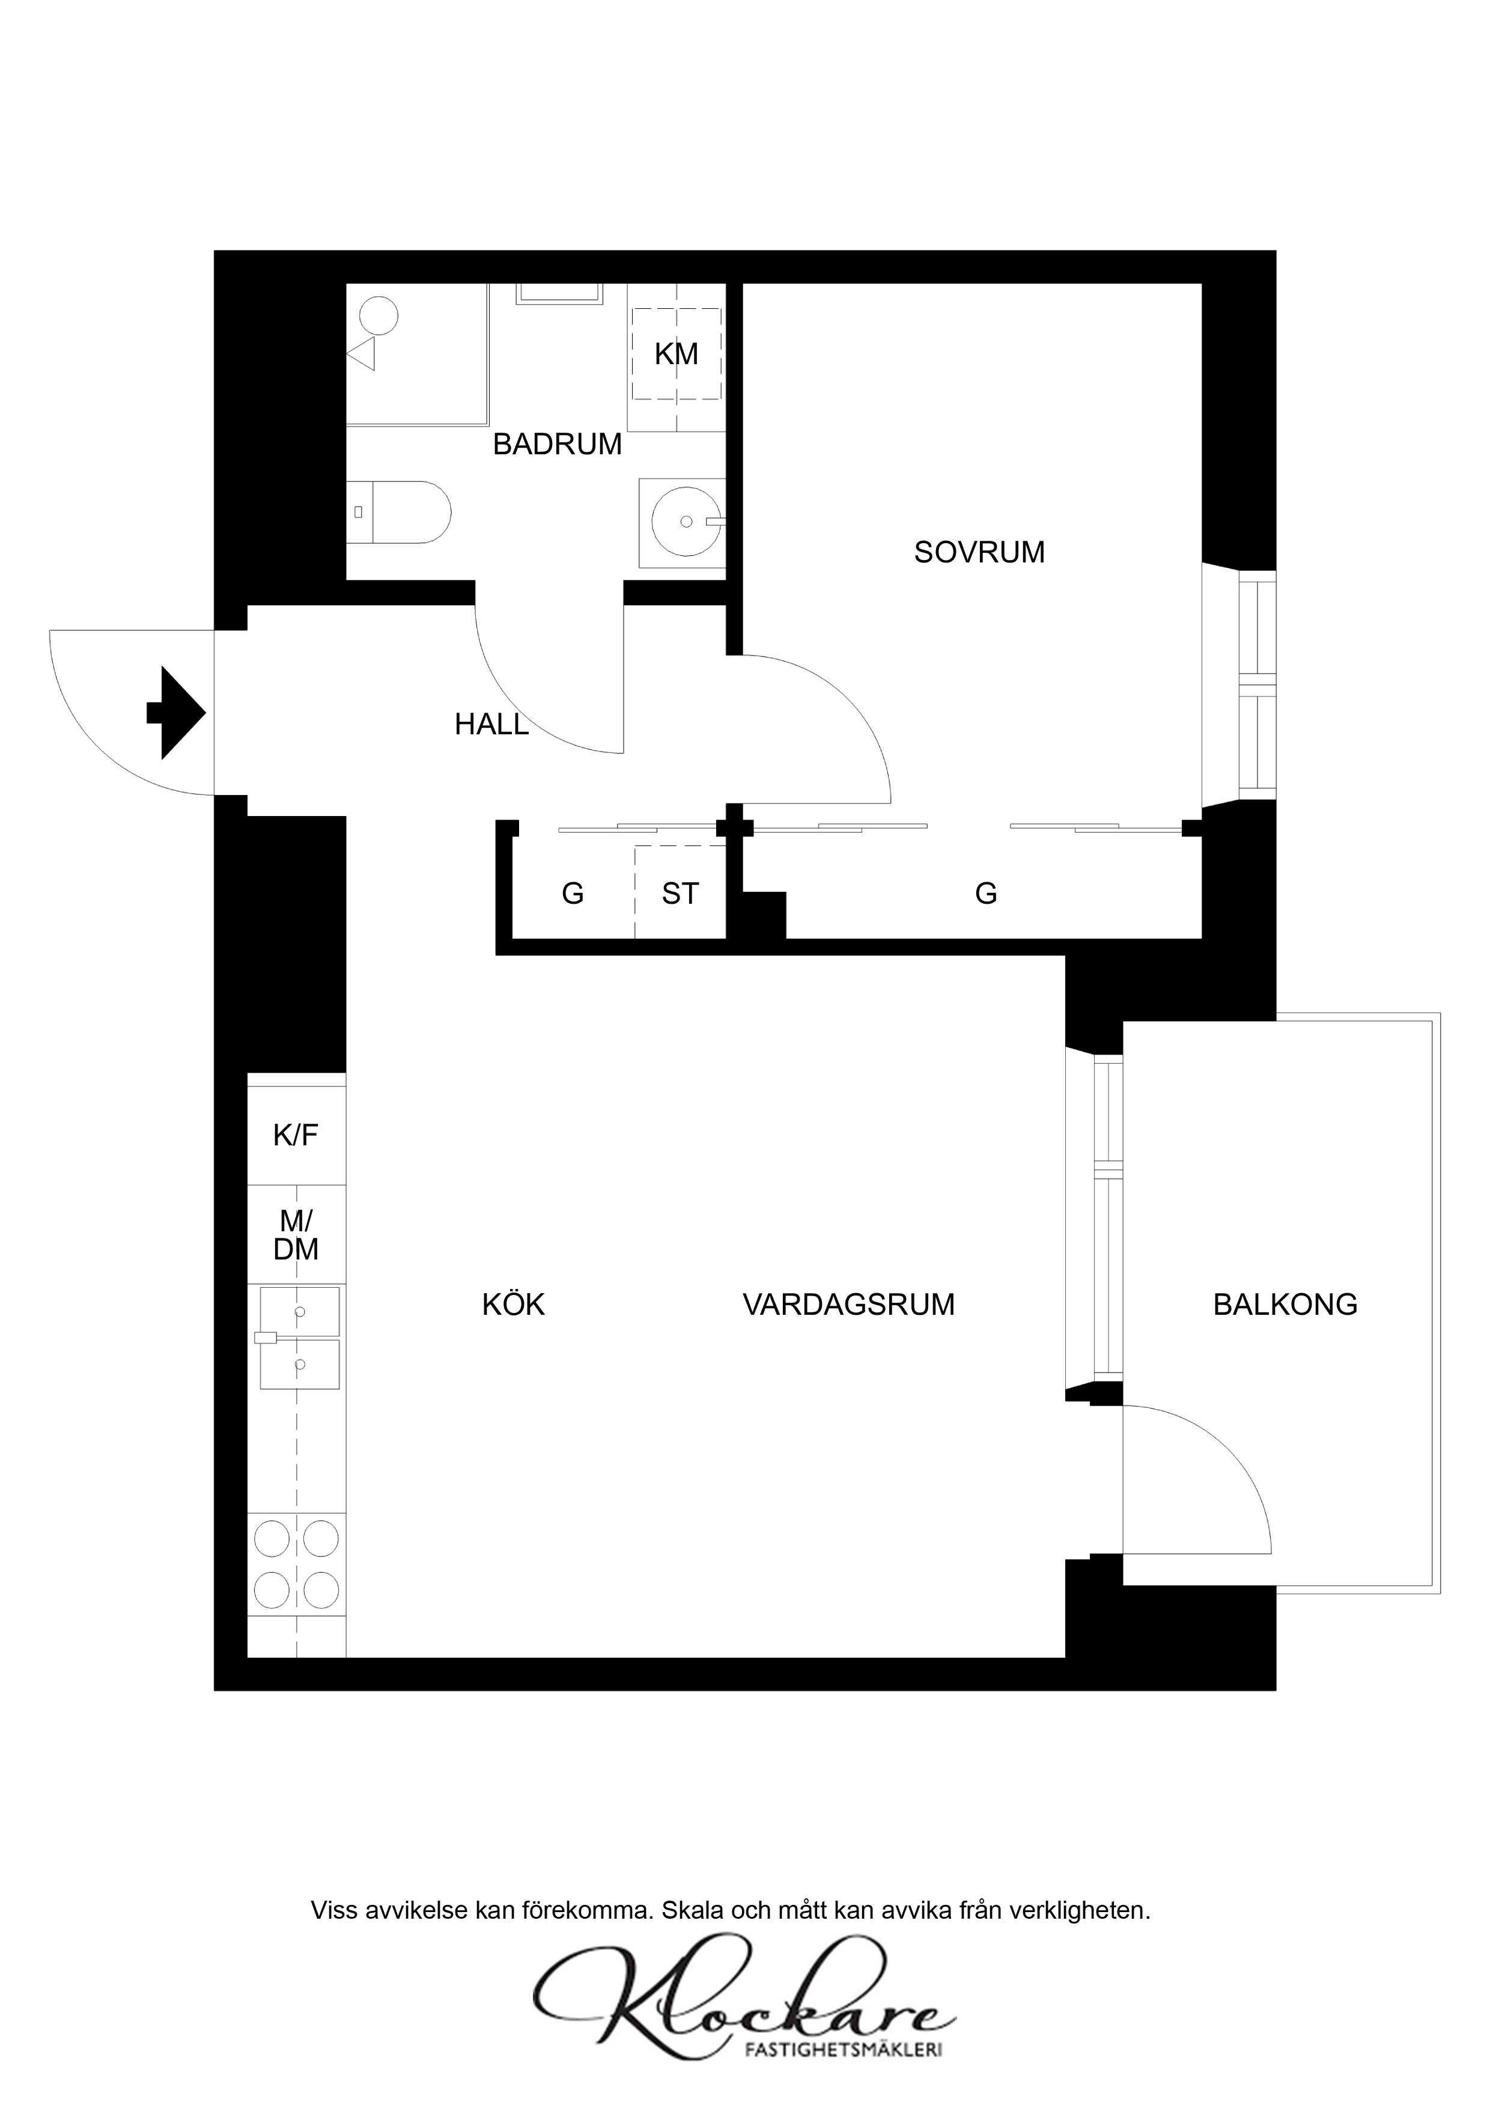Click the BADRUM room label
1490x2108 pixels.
[558, 444]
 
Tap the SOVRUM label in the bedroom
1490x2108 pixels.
[979, 553]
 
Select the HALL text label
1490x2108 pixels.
[492, 725]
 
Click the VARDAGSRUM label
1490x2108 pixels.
[849, 1305]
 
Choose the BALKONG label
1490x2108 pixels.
[1285, 1305]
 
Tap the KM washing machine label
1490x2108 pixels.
[677, 355]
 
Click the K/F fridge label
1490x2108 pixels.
[296, 1136]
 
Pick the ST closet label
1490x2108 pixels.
[680, 894]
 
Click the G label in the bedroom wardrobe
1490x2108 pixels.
[986, 894]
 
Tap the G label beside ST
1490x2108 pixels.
[573, 894]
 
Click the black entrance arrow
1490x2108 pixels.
[176, 713]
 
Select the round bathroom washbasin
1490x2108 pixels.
[686, 522]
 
